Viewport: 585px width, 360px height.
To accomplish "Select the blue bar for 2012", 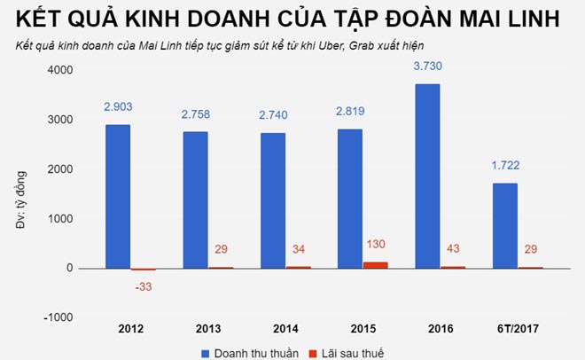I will pyautogui.click(x=117, y=196).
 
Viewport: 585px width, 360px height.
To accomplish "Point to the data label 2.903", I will pyautogui.click(x=118, y=106).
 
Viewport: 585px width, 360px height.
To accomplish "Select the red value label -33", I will pyautogui.click(x=142, y=286).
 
